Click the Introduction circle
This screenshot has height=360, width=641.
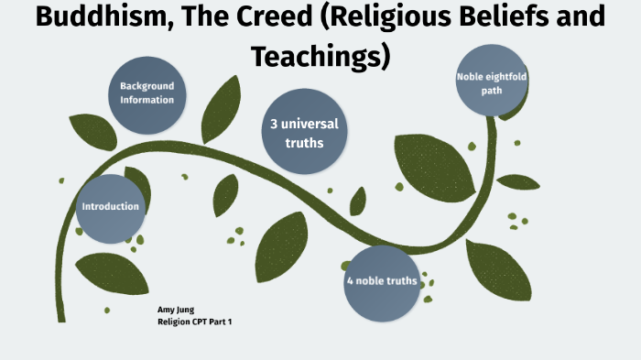(110, 207)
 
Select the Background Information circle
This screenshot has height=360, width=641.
(147, 93)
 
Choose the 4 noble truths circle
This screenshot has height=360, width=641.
(381, 281)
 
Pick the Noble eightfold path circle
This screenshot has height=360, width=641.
(492, 83)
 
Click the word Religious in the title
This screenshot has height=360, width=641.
(399, 17)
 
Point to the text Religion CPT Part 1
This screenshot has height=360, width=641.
(195, 322)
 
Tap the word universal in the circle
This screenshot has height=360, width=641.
(313, 123)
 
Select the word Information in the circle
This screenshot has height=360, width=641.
(147, 100)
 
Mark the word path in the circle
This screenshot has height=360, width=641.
(492, 91)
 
